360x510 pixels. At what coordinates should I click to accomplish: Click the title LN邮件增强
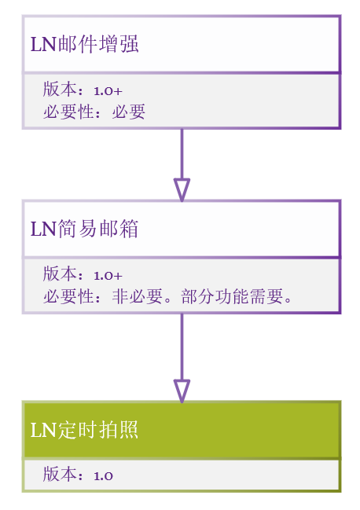pos(85,44)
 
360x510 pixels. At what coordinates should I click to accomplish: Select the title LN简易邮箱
pos(85,229)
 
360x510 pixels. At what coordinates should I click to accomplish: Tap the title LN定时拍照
pos(85,430)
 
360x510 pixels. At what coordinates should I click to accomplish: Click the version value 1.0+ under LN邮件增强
pos(108,91)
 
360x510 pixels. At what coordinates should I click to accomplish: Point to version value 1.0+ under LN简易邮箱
pos(108,276)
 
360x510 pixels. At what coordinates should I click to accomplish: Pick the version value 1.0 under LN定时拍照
pos(104,476)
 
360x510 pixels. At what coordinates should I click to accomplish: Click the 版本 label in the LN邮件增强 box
pos(60,89)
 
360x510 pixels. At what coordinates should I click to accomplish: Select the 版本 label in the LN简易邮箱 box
pos(60,274)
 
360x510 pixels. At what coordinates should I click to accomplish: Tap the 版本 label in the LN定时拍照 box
pos(60,474)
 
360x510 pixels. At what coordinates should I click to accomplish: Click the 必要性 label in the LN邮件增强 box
pos(68,112)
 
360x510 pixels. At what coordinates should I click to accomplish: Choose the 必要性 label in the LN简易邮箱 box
pos(68,296)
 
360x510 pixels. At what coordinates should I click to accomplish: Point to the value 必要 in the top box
pos(128,112)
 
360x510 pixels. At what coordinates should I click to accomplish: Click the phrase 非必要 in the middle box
pos(137,296)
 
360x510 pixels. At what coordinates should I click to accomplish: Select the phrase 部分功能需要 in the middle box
pos(232,296)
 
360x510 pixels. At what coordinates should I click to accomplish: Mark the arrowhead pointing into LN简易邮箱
pos(182,190)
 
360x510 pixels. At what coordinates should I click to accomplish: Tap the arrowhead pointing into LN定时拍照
pos(182,391)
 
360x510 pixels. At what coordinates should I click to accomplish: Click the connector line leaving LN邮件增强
pos(182,154)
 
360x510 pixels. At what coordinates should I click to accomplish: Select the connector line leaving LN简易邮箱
pos(182,347)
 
